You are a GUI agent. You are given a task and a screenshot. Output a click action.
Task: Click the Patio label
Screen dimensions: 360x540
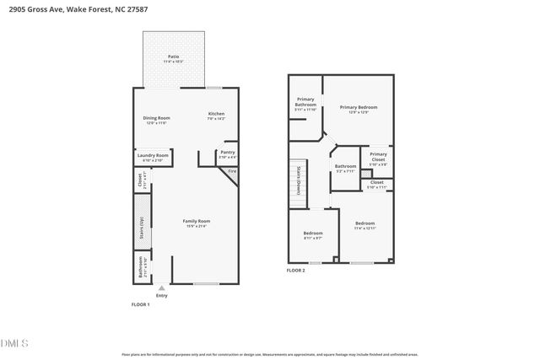(x=173, y=58)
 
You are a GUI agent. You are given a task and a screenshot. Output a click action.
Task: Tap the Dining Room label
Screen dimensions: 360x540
(x=156, y=119)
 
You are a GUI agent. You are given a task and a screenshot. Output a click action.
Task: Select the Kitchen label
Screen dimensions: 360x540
(x=217, y=116)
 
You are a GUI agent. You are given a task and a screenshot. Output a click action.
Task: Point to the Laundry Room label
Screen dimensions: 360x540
(x=153, y=156)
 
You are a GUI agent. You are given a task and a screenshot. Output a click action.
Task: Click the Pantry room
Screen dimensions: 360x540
(x=228, y=153)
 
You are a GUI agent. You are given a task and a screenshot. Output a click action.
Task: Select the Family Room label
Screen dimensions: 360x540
(x=196, y=223)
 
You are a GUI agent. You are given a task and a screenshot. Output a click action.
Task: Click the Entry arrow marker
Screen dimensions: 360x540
(x=161, y=287)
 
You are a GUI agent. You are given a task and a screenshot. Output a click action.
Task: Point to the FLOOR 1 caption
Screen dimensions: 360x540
(x=140, y=304)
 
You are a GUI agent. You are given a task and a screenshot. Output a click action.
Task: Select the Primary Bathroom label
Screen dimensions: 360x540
(x=305, y=104)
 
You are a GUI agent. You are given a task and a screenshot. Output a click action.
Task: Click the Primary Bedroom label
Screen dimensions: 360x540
(x=358, y=109)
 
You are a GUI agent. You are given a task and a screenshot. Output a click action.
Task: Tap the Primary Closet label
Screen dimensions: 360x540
(x=378, y=158)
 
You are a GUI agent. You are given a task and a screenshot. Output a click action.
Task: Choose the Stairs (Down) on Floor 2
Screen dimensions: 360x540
(x=297, y=180)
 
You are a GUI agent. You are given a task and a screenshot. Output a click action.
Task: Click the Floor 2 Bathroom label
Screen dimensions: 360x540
(x=345, y=168)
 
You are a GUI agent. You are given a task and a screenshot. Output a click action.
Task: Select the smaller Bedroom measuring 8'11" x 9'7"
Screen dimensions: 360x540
(x=312, y=235)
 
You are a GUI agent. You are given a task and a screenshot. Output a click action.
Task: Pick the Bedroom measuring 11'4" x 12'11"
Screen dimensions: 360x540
(x=364, y=225)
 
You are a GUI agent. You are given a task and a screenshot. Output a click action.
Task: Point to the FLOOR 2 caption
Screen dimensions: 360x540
(x=296, y=270)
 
